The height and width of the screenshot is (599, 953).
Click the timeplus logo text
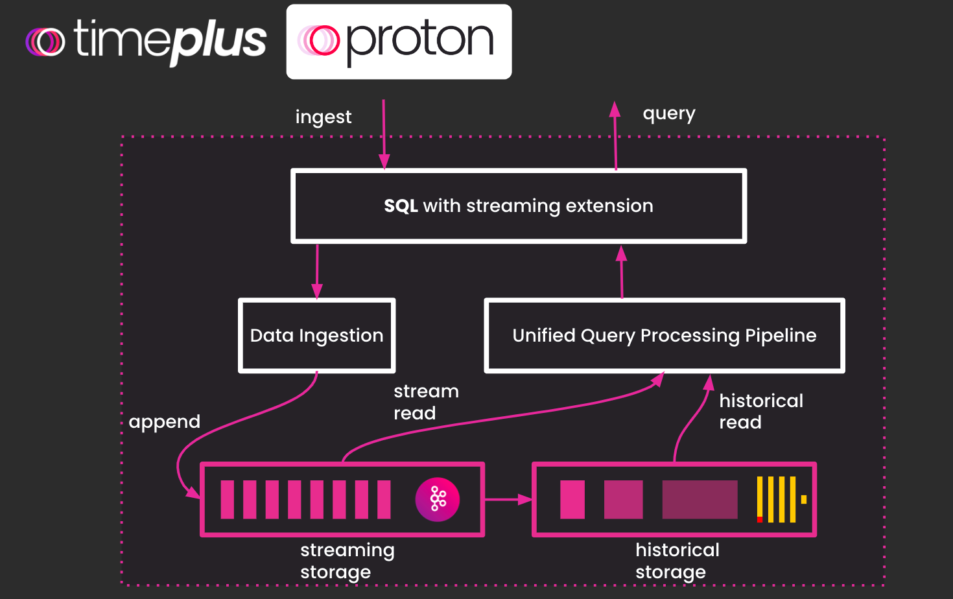click(170, 40)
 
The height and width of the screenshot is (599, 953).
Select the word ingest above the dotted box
click(323, 117)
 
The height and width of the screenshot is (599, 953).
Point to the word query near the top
click(668, 114)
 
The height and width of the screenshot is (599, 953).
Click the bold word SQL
click(401, 206)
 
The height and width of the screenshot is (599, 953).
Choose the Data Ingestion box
click(316, 335)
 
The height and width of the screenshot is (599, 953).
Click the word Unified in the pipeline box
click(543, 335)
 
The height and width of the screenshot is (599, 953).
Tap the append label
click(164, 422)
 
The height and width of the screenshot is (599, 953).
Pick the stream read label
click(425, 402)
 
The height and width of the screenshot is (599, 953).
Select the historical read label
click(760, 411)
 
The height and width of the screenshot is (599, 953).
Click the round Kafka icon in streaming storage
click(438, 499)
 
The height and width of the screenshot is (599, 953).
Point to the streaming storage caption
click(347, 561)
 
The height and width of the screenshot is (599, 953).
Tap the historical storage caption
click(677, 561)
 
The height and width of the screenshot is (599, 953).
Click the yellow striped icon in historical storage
click(780, 499)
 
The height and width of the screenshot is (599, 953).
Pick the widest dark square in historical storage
click(700, 499)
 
